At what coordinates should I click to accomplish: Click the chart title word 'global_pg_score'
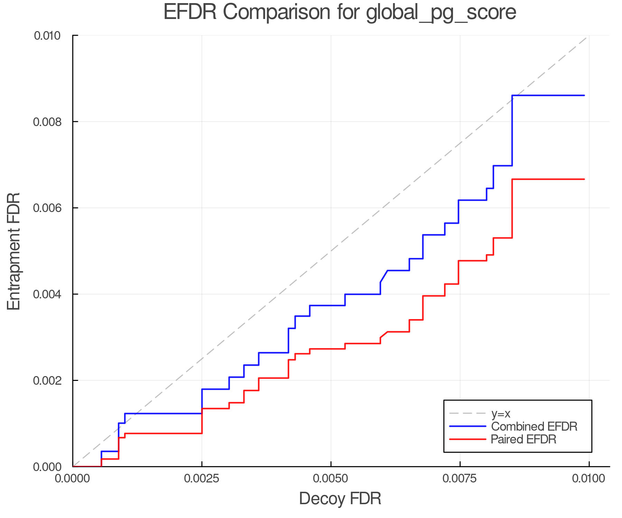click(441, 12)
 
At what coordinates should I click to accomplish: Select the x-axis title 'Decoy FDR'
click(340, 499)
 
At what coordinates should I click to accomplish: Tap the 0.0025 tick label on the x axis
click(201, 479)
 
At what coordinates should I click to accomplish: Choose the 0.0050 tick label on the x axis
click(331, 479)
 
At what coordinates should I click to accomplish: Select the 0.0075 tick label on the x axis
click(460, 479)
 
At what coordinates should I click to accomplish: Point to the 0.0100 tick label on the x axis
click(589, 479)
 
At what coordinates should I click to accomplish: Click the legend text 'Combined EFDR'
click(534, 426)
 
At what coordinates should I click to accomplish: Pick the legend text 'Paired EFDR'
click(524, 439)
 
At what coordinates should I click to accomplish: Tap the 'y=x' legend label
click(501, 413)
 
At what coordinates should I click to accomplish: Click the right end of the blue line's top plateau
click(584, 95)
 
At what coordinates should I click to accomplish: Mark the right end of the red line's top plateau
click(584, 179)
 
